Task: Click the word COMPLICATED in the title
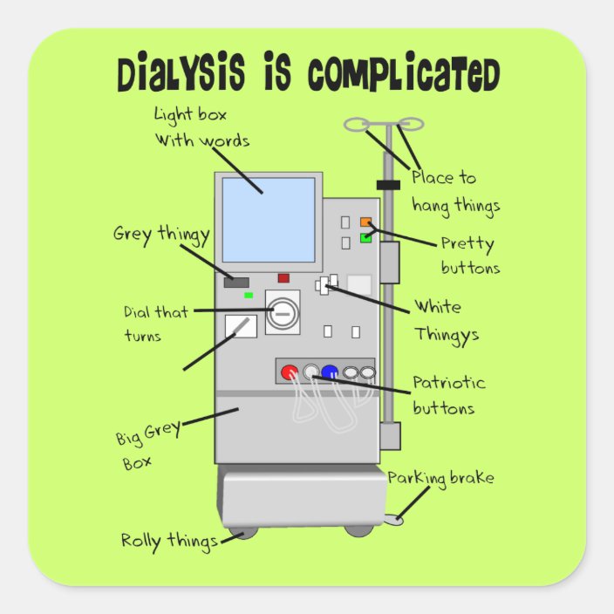point(404,76)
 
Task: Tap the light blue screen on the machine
point(268,220)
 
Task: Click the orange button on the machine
point(366,222)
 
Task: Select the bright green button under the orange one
point(366,237)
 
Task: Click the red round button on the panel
point(289,372)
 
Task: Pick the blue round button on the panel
point(329,372)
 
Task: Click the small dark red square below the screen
point(283,278)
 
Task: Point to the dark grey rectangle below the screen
point(236,283)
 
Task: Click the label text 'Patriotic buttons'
point(448,395)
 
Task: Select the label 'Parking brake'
point(440,478)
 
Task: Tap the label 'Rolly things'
point(169,541)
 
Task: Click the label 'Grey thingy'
point(161,235)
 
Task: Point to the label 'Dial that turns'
point(155,324)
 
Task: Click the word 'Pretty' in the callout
point(467,244)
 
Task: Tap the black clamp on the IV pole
point(388,184)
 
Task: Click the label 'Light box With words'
point(201,127)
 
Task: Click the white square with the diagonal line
point(241,326)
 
